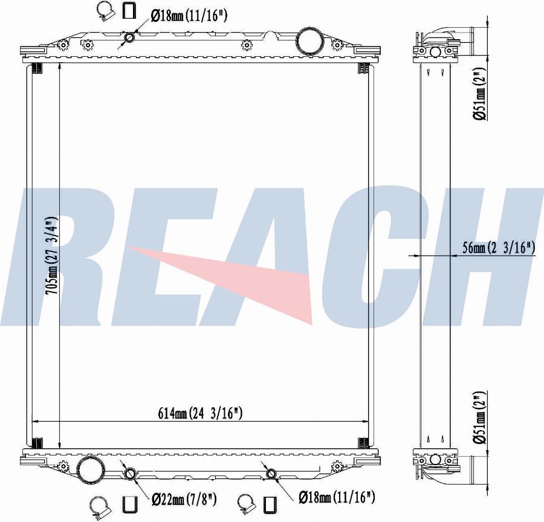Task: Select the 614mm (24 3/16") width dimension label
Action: point(200,413)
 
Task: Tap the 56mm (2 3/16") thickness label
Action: point(499,247)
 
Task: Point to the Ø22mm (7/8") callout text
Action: point(184,498)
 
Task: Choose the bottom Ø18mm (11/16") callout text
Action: point(337,497)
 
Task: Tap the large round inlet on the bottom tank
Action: point(89,469)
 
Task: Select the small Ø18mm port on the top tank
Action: point(130,39)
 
